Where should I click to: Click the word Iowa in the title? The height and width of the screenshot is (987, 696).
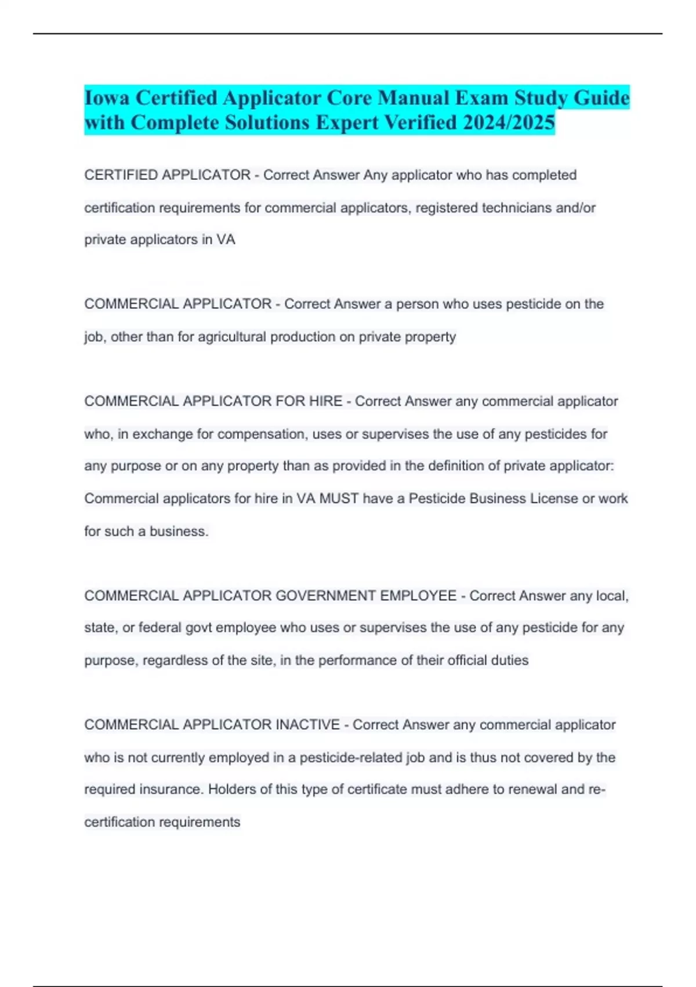click(108, 98)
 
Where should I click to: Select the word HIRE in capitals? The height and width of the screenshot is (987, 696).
click(326, 401)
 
